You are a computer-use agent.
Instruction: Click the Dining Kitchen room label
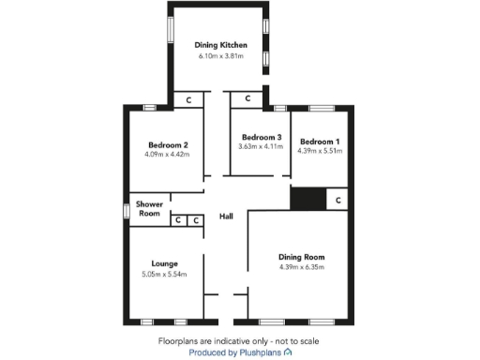click(x=219, y=45)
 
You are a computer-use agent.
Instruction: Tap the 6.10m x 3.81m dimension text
click(x=219, y=56)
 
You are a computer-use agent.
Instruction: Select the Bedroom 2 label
click(x=169, y=144)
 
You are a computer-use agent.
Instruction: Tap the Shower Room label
click(x=150, y=208)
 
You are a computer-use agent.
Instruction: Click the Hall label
click(x=226, y=217)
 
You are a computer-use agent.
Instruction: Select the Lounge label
click(x=164, y=263)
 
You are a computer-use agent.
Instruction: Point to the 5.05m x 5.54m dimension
click(x=164, y=275)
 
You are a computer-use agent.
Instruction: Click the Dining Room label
click(x=301, y=257)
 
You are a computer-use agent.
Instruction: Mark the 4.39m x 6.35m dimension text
click(x=301, y=268)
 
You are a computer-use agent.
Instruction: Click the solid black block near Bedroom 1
click(x=307, y=200)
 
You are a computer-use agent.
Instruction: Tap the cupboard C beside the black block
click(x=337, y=200)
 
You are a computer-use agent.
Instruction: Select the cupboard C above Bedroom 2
click(x=188, y=98)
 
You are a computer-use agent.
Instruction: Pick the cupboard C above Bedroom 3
click(x=247, y=97)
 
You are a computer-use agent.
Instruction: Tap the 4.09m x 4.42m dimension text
click(x=169, y=155)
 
